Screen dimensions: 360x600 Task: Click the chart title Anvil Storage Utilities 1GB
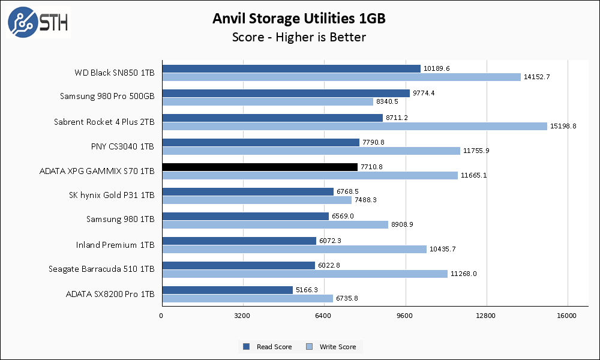(x=299, y=19)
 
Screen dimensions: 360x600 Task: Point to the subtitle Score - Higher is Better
(x=299, y=37)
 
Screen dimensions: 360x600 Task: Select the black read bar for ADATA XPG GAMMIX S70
(x=260, y=167)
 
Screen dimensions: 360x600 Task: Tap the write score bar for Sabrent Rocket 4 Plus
(x=355, y=126)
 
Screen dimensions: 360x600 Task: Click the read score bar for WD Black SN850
(x=291, y=68)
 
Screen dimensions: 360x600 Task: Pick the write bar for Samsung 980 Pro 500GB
(x=268, y=101)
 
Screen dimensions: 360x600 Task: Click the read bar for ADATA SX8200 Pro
(x=227, y=290)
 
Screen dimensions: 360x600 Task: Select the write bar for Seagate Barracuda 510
(x=305, y=274)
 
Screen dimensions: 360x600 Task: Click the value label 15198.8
(x=564, y=126)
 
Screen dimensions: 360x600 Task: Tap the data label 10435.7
(x=443, y=249)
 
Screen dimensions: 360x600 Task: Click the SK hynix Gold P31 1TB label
(x=112, y=196)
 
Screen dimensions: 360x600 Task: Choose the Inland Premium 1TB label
(x=115, y=245)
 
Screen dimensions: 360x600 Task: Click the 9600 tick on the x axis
(x=405, y=316)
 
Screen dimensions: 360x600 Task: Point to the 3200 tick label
(x=242, y=316)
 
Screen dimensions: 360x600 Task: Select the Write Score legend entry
(x=332, y=347)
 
